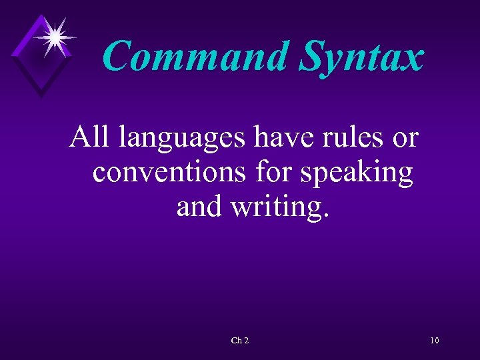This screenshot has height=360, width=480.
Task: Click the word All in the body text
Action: (x=91, y=137)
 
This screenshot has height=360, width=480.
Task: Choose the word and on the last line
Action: (x=200, y=207)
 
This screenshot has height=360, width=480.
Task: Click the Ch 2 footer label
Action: (x=239, y=341)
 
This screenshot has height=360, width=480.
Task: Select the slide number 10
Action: (x=435, y=341)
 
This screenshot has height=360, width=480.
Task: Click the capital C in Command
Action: (x=119, y=56)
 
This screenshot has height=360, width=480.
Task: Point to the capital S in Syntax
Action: (x=310, y=56)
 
